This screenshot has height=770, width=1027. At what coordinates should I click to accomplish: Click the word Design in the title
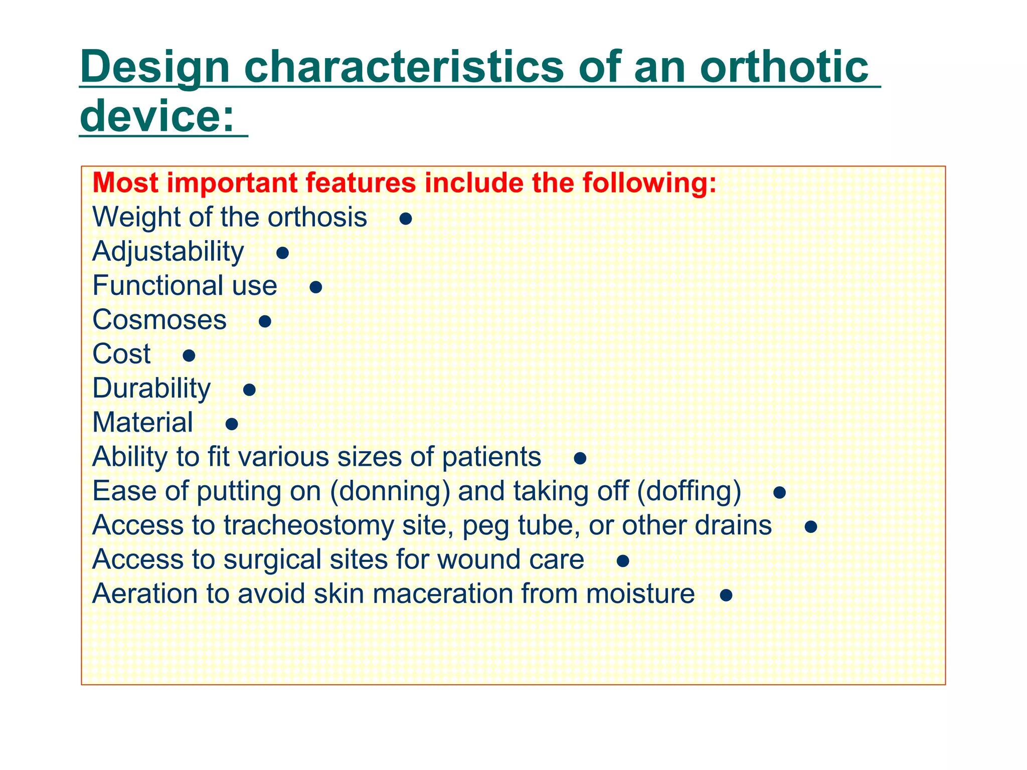click(x=154, y=68)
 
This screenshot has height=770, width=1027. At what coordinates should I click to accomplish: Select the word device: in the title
click(x=157, y=116)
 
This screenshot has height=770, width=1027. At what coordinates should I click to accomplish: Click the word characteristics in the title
click(x=404, y=68)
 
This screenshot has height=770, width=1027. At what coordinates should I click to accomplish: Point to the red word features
click(x=361, y=183)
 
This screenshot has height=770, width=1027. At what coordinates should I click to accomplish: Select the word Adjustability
click(x=168, y=252)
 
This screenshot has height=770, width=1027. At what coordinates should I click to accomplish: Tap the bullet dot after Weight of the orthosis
click(x=406, y=219)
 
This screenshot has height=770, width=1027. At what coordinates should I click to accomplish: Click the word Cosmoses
click(x=159, y=320)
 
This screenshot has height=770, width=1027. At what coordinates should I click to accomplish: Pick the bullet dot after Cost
click(x=189, y=356)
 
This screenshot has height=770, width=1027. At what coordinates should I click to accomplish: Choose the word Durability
click(x=151, y=389)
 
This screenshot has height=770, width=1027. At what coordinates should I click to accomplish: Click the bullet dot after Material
click(x=231, y=425)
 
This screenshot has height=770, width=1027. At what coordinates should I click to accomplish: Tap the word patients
click(x=491, y=457)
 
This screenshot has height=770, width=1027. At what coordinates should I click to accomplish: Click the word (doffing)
click(x=689, y=491)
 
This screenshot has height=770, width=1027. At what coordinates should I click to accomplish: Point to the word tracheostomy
click(x=308, y=525)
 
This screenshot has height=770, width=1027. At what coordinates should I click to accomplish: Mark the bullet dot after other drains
click(x=810, y=527)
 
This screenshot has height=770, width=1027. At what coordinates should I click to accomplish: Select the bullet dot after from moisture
click(x=726, y=596)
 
